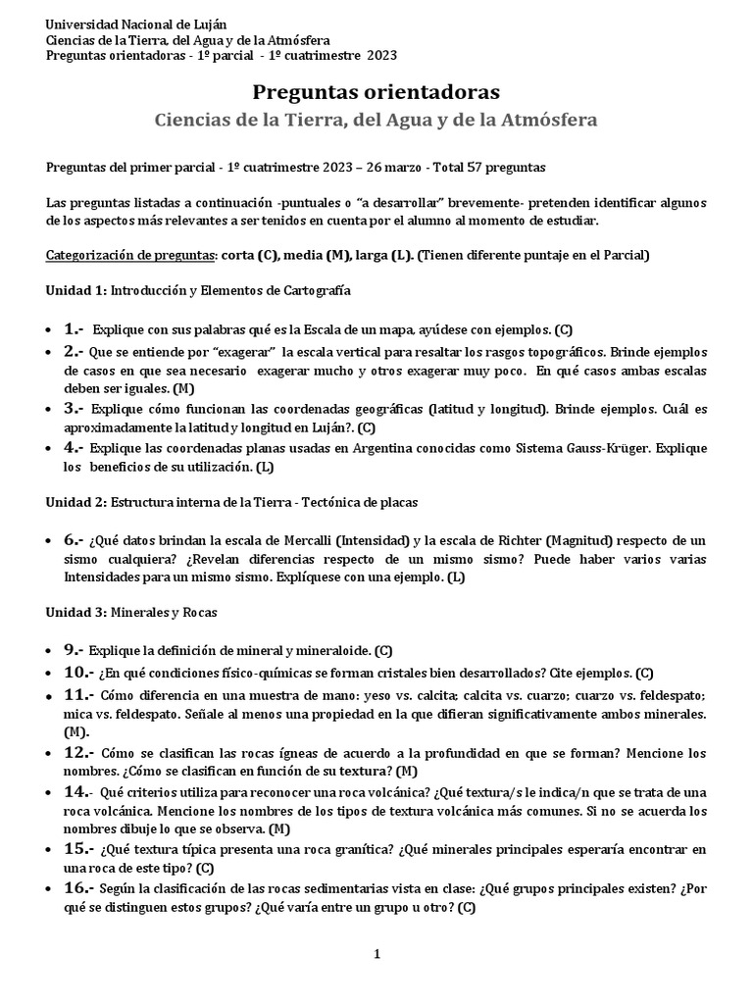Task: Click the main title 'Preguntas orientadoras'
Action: (376, 92)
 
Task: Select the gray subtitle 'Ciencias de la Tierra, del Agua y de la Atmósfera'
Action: (376, 119)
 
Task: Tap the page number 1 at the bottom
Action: (376, 954)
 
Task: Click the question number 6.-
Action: (75, 540)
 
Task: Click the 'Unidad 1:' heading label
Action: (76, 291)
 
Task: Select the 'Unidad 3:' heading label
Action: (76, 612)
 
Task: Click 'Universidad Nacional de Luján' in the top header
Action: (128, 24)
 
